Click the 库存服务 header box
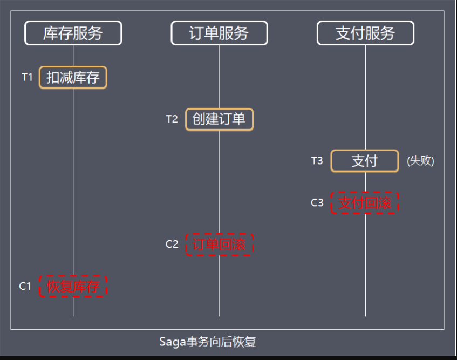coord(73,33)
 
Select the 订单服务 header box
coord(219,33)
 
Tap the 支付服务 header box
coord(365,33)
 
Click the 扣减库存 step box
coord(73,78)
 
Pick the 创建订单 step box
coord(219,119)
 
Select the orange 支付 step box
coord(365,161)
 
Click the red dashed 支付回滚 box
coord(365,203)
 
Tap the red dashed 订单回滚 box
coord(219,244)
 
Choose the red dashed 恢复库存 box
coord(73,287)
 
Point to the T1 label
coord(27,77)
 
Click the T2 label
coord(172,119)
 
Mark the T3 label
coord(317,161)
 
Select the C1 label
coord(25,287)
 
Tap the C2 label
coord(172,244)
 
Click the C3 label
coord(317,203)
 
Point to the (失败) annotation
coord(420,161)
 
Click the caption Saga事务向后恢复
coord(207,342)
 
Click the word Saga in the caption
coord(171,342)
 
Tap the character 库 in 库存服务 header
coord(50,33)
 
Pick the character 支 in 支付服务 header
coord(343,33)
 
